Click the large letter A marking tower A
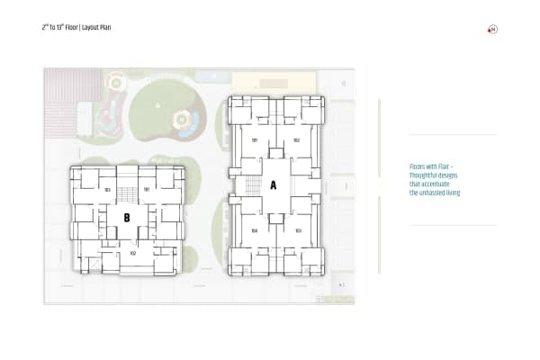[274, 184]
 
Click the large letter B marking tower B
[127, 217]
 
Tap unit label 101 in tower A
[255, 140]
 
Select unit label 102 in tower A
[296, 140]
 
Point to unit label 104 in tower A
[255, 230]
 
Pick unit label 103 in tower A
[297, 230]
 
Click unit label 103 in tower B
[107, 190]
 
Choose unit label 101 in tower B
[147, 190]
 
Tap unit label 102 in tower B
[132, 253]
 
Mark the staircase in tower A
[253, 186]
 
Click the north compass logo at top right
[493, 30]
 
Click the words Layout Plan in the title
[97, 28]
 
